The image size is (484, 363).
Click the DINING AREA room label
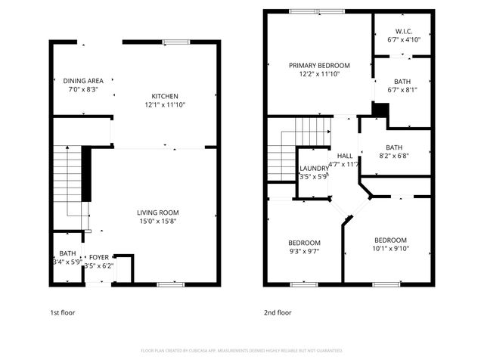[x=83, y=80]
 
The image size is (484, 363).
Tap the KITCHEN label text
[x=165, y=96]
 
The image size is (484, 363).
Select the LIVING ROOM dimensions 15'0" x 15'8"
[x=158, y=222]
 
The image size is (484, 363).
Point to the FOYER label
[x=99, y=257]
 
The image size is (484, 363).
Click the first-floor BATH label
[x=67, y=253]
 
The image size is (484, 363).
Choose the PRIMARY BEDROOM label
[x=319, y=66]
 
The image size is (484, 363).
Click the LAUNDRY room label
[x=314, y=168]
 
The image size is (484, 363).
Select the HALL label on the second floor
[x=345, y=155]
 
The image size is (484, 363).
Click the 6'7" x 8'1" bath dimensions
[x=402, y=89]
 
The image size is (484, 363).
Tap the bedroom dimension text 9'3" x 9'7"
[x=304, y=251]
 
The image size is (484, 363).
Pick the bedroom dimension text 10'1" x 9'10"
[x=390, y=248]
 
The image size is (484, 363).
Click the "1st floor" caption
[x=62, y=312]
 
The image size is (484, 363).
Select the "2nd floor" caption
[x=278, y=312]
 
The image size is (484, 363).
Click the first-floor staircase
[x=72, y=181]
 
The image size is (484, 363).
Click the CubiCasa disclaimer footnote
[x=242, y=351]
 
